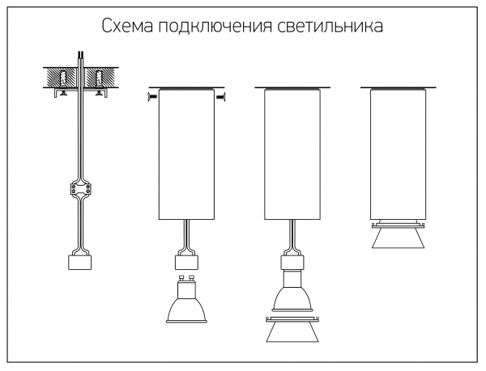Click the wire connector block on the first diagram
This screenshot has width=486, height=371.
pos(80,192)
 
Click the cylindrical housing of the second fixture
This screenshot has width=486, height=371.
pos(186,154)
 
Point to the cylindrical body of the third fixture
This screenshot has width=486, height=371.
pos(293,154)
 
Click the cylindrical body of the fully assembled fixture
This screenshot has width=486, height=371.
pos(398,154)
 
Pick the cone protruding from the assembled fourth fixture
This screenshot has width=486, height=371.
pos(398,239)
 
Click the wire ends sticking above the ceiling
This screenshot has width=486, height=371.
pos(79,58)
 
